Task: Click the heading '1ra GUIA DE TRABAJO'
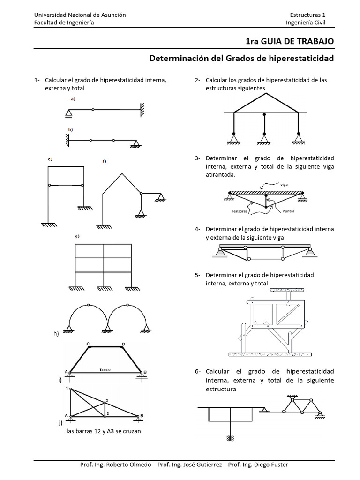[x=290, y=41]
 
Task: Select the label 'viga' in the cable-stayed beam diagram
[x=284, y=184]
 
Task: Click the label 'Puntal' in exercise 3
[x=288, y=211]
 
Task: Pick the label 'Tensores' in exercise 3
[x=240, y=211]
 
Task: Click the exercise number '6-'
[x=198, y=372]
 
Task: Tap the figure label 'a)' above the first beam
[x=73, y=99]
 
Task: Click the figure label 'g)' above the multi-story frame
[x=76, y=236]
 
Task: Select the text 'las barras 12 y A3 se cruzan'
[x=104, y=431]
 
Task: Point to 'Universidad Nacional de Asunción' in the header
[x=80, y=15]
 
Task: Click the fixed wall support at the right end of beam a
[x=142, y=110]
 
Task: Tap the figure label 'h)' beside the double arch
[x=56, y=333]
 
